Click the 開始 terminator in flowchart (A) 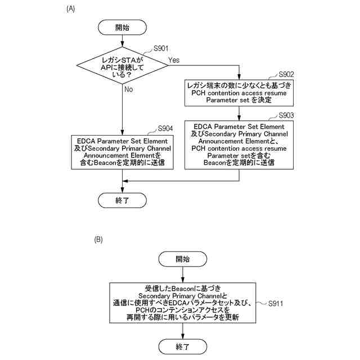(x=122, y=26)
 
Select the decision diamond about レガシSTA (x=122, y=66)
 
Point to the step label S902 (x=286, y=74)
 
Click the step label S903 (x=286, y=115)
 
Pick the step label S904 (x=165, y=128)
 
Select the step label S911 (x=276, y=304)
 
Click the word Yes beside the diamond (x=174, y=60)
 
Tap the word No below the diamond (x=129, y=89)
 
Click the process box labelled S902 (x=239, y=92)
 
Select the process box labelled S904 (x=122, y=152)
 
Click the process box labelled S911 (x=183, y=302)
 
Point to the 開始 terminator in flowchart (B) (x=183, y=259)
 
